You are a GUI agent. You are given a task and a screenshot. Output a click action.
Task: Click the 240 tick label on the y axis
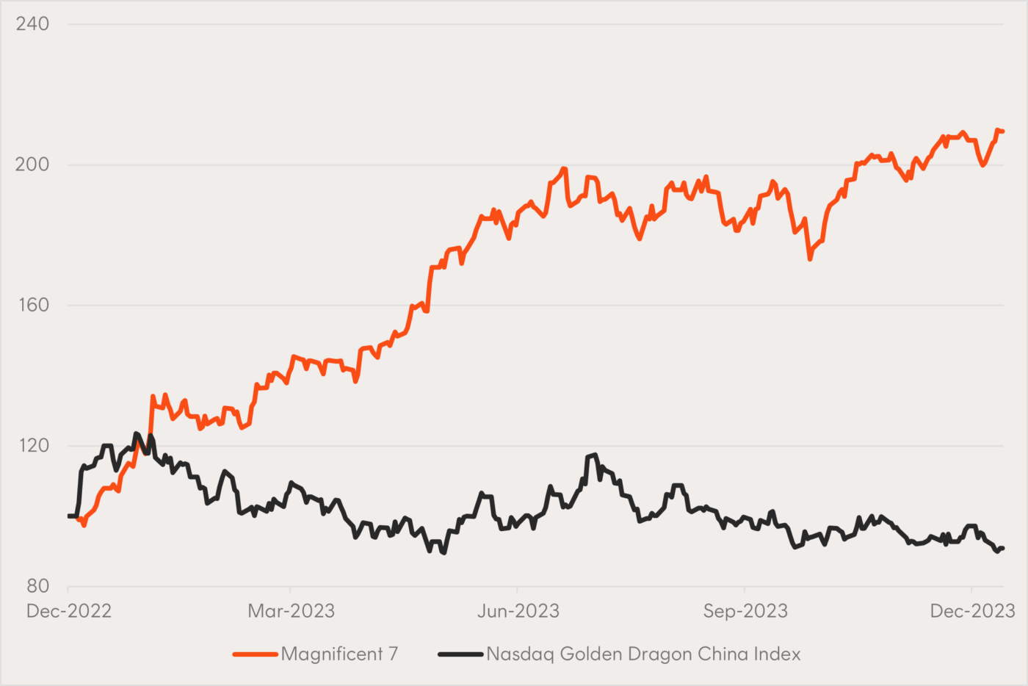[32, 24]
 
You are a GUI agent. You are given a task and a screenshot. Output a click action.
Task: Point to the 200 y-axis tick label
[32, 165]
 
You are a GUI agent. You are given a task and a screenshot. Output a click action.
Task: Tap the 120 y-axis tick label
[32, 446]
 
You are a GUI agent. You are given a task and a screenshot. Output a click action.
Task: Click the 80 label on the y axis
[37, 586]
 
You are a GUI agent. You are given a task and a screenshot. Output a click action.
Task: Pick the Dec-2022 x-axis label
[69, 611]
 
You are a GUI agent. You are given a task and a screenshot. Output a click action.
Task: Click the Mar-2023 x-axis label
[291, 611]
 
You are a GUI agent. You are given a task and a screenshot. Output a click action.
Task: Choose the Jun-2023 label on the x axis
[518, 611]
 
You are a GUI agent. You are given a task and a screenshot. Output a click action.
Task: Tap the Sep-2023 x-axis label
[745, 611]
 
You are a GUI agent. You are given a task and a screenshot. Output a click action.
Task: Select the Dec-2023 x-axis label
[972, 611]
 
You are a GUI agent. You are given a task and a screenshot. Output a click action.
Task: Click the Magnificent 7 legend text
[339, 654]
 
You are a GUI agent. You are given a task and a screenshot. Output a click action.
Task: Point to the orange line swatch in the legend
[255, 654]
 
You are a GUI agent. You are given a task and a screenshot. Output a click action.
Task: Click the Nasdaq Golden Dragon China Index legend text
[643, 654]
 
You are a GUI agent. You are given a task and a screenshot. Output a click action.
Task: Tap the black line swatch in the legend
[460, 654]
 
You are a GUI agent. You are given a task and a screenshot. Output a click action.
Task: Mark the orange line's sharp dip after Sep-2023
[810, 259]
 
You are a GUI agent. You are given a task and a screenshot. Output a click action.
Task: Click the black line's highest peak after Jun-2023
[595, 455]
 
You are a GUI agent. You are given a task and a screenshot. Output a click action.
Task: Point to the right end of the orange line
[1002, 131]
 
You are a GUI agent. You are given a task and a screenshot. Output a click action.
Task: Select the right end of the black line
[1002, 548]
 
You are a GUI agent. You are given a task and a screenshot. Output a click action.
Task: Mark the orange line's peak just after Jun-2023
[564, 169]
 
